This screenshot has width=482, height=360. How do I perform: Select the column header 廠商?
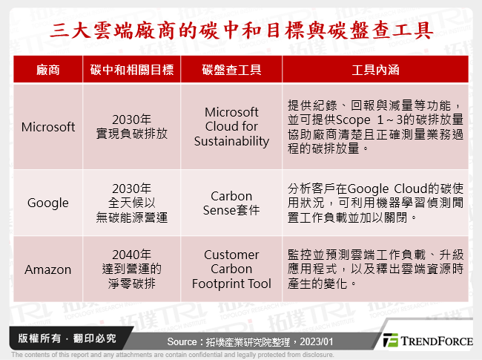point(48,71)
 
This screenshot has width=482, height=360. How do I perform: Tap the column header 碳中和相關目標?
point(132,71)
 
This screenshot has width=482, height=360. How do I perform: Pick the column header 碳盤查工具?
point(231,71)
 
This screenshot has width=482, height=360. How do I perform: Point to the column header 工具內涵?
point(375,71)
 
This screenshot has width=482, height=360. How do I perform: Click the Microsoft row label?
point(48,127)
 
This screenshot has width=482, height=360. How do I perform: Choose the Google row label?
point(48,203)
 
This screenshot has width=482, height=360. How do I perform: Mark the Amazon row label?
point(48,269)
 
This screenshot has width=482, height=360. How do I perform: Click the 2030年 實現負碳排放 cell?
point(132,127)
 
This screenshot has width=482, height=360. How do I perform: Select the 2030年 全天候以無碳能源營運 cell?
point(132,203)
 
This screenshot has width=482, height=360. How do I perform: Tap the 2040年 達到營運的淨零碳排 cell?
point(132,269)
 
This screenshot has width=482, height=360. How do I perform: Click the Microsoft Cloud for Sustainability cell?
point(231,127)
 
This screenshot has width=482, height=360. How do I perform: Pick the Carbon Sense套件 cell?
point(231,203)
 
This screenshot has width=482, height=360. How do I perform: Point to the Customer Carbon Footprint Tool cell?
point(231,269)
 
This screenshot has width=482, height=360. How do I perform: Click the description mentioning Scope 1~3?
point(375,127)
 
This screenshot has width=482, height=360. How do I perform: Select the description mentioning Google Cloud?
point(375,203)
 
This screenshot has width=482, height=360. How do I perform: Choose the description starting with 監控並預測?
point(375,269)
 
